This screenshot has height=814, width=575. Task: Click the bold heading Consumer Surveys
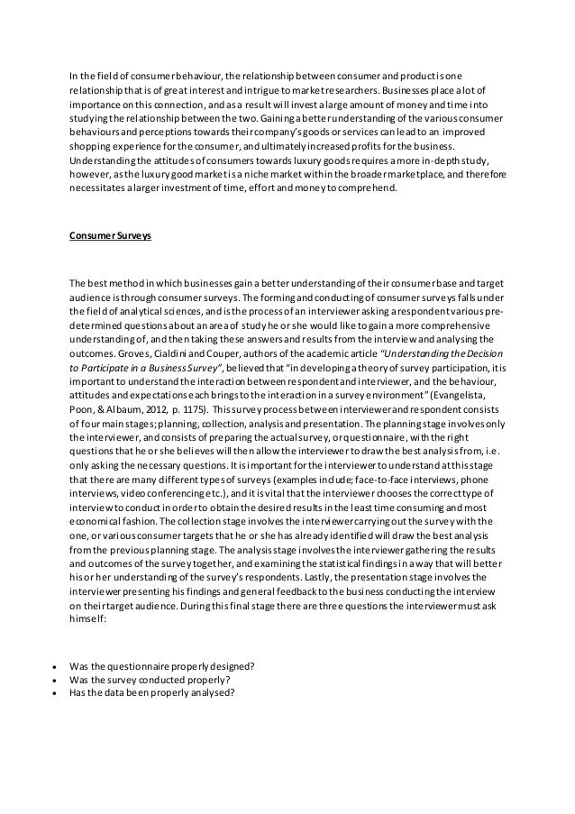pos(111,236)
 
